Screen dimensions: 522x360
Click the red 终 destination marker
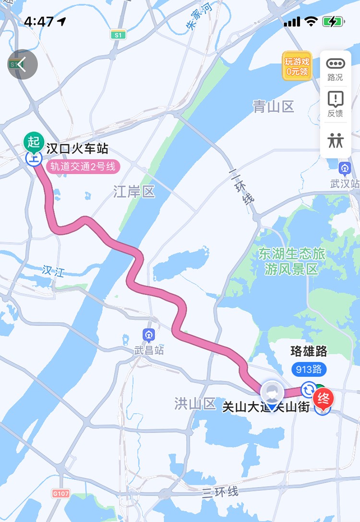pos(323,399)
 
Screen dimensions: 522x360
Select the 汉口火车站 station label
pos(77,148)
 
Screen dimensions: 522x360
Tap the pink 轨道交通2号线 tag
pos(83,167)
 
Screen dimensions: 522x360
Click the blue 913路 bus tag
pos(309,369)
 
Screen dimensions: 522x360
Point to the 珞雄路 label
pos(309,352)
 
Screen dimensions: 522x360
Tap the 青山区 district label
pos(274,107)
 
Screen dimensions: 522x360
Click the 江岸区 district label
pos(134,193)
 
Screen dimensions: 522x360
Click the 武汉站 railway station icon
pos(344,169)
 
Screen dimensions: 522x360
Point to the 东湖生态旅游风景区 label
pos(292,261)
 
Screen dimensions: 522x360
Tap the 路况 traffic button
pos(336,69)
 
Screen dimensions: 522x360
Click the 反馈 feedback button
pos(336,104)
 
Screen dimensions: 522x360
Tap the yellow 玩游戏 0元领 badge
pos(297,66)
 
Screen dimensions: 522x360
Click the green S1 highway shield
pos(117,35)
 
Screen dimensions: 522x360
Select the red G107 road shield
pos(60,493)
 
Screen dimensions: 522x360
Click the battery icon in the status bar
pos(333,22)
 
